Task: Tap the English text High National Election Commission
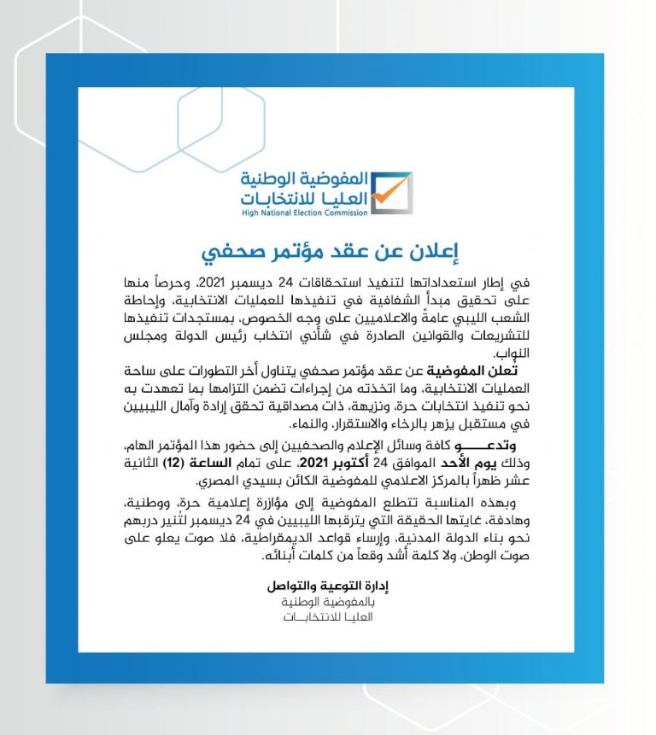click(303, 214)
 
